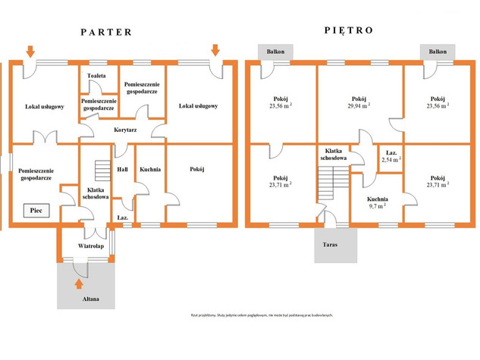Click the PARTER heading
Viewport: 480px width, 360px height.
coord(106,32)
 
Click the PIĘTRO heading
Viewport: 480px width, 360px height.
coord(348,32)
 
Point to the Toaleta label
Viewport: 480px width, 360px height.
coord(96,77)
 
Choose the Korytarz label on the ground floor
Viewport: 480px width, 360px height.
coord(125,130)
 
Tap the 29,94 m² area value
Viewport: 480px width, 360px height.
coord(359,108)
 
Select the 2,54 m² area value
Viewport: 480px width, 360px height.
coord(391,160)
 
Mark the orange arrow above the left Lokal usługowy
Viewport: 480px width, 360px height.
coord(30,51)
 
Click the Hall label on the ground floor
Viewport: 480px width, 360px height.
coord(121,170)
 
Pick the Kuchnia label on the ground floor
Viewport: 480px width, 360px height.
coord(149,170)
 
